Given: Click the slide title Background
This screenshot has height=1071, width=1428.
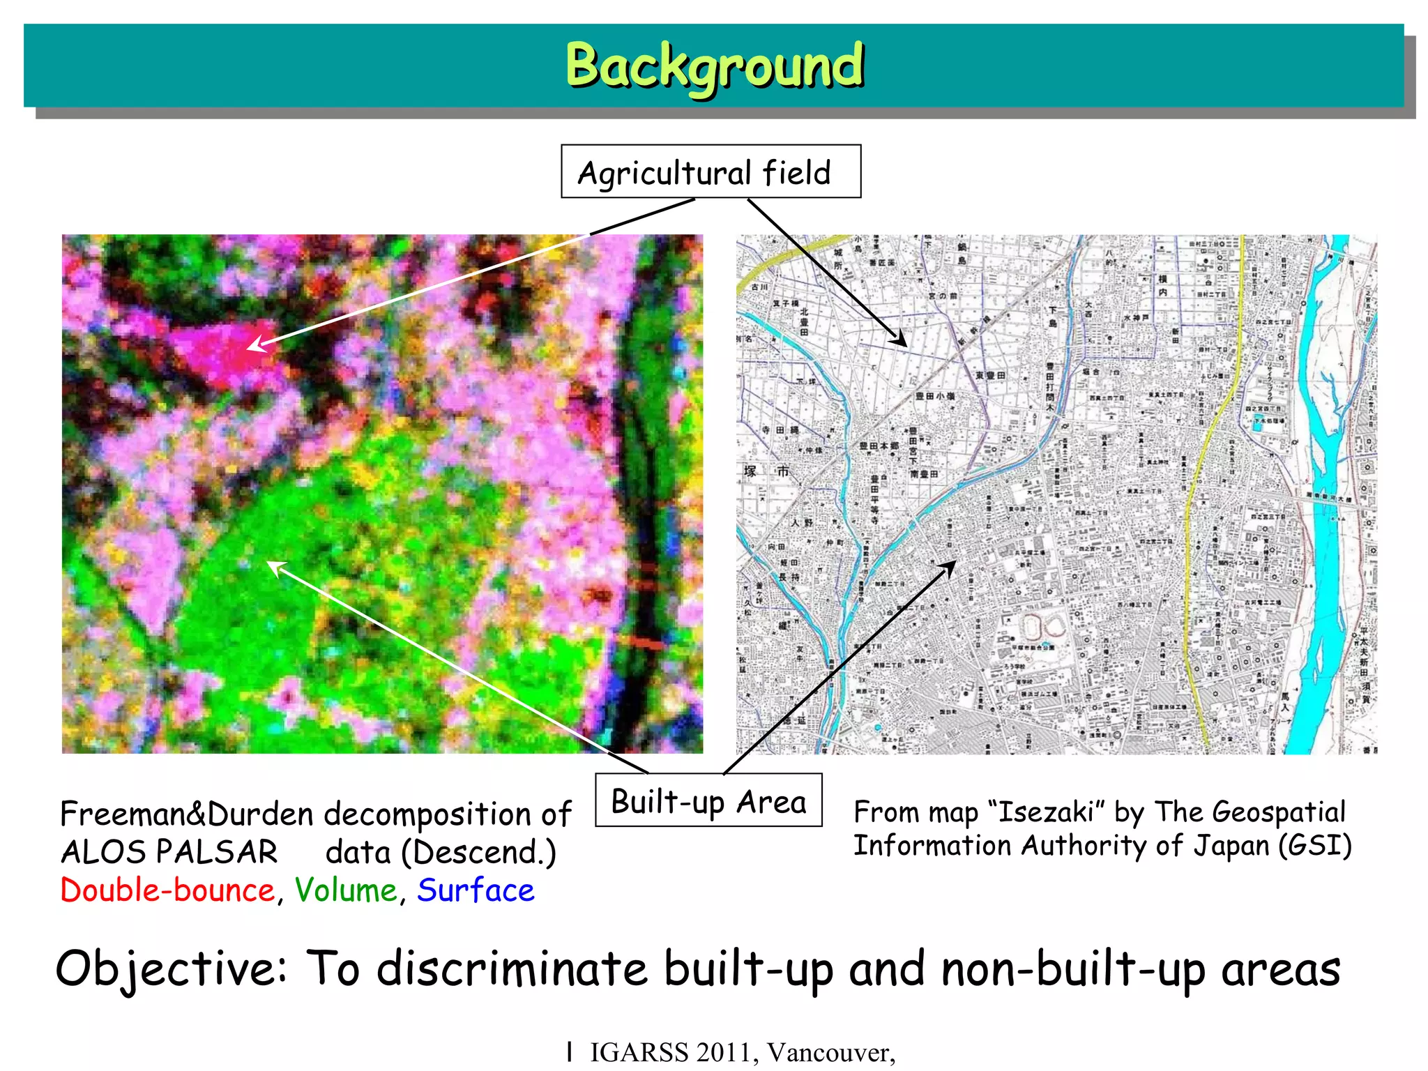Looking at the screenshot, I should [x=714, y=66].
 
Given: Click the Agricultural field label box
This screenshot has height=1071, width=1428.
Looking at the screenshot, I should [x=711, y=172].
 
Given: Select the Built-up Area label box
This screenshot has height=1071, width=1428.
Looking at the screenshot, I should [x=708, y=801].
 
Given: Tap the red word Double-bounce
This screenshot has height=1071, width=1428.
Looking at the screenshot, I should [x=167, y=890].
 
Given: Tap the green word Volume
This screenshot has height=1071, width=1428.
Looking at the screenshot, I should [x=346, y=890].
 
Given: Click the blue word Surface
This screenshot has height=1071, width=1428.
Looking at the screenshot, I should [x=476, y=890].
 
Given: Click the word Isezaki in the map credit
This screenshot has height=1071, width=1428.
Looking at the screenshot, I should [x=1046, y=812].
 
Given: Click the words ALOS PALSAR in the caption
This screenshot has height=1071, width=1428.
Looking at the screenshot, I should [x=169, y=852].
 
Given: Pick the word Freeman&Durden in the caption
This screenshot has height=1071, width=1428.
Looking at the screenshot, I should [x=187, y=814].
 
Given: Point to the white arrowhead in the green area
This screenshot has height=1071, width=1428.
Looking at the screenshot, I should [x=275, y=567].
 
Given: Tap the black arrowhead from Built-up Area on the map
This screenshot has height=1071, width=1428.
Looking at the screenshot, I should [x=949, y=567].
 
